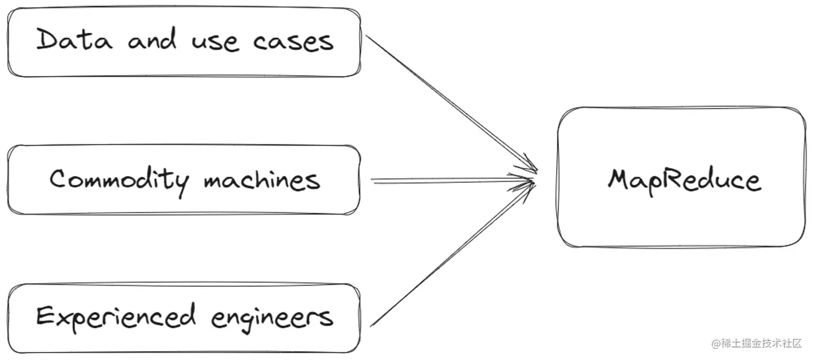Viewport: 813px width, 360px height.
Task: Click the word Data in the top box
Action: tap(74, 41)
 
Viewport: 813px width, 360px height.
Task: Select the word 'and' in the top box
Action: tap(151, 41)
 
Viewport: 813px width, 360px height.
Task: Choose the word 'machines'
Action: tap(262, 180)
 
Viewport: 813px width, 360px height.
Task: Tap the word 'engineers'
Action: tap(272, 318)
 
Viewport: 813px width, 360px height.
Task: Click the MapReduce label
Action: tap(684, 179)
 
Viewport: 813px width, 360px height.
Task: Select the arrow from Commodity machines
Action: tap(452, 181)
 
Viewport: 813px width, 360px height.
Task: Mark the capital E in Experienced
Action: tap(46, 316)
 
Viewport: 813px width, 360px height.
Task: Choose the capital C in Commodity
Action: tap(58, 179)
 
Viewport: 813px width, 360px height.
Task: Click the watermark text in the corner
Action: tap(756, 343)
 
